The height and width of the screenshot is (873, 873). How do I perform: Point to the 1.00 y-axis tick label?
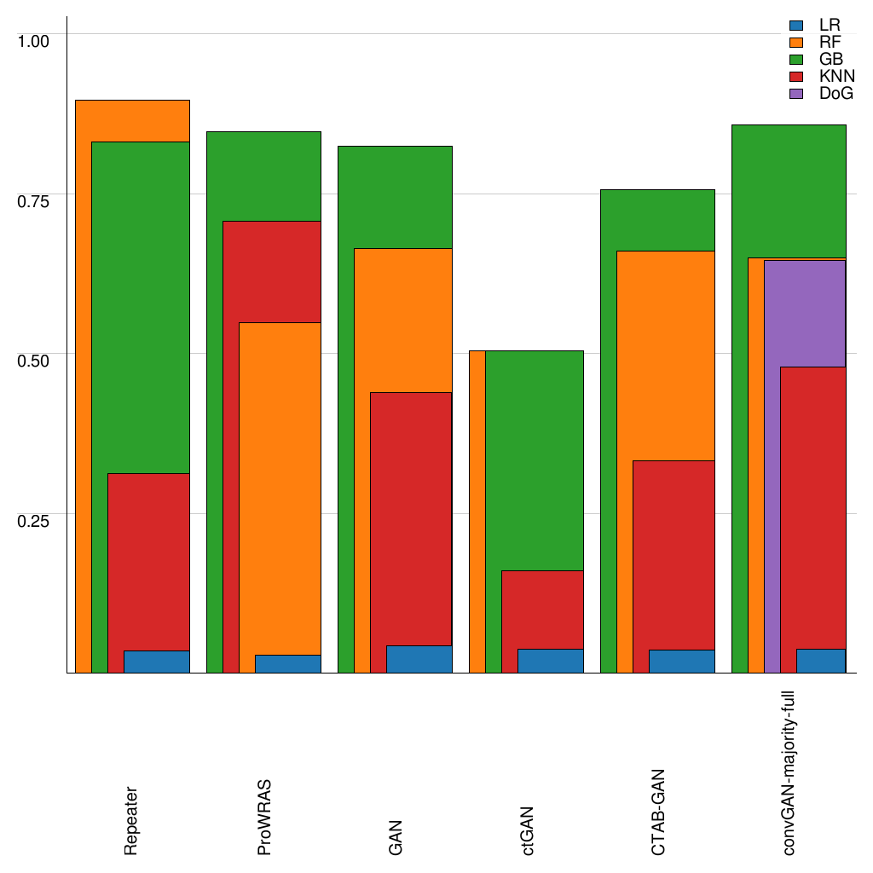click(x=35, y=40)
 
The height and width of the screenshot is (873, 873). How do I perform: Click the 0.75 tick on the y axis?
click(x=35, y=200)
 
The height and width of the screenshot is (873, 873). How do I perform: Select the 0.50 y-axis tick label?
click(x=35, y=360)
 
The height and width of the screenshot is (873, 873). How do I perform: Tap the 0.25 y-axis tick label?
click(x=35, y=520)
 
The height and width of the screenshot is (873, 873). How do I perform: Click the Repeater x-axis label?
click(x=130, y=820)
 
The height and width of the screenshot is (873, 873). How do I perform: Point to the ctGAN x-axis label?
click(x=528, y=830)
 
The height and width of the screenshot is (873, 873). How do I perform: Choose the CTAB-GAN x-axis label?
click(x=659, y=812)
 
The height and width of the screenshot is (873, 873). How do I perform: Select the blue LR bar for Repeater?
click(x=157, y=662)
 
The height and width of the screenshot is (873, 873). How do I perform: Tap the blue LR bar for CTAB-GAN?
click(x=681, y=662)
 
